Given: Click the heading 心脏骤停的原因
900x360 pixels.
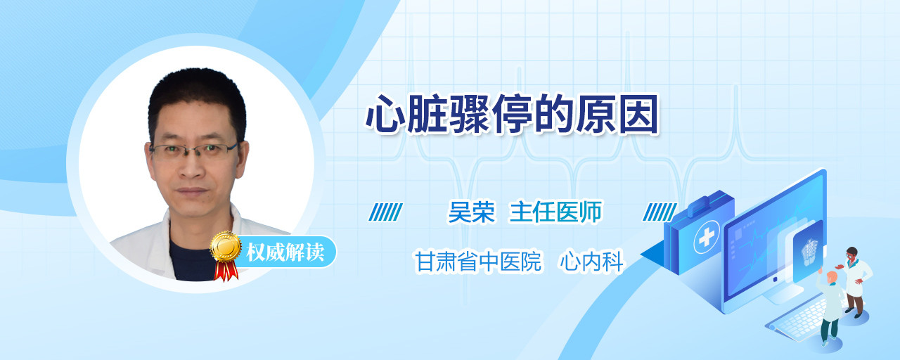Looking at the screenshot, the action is (512, 114).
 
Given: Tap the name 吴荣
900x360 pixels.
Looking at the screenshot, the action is (472, 212).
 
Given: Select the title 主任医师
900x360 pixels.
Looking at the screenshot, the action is (555, 212).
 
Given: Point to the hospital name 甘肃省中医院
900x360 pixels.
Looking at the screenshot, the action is (478, 262).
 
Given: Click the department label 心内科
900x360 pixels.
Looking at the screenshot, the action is (591, 262).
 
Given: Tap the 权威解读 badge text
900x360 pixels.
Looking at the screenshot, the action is (285, 252).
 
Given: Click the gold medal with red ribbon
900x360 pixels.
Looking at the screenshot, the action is (226, 255).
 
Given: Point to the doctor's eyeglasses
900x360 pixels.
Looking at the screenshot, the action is (195, 150).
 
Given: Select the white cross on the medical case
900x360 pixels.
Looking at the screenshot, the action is (707, 238).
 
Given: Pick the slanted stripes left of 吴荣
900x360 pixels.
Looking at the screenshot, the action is (386, 212).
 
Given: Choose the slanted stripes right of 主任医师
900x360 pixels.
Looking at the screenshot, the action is (660, 212).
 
